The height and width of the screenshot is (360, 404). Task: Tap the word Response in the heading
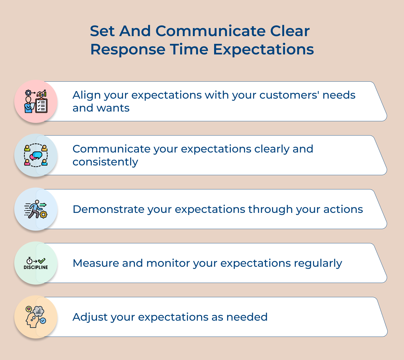pos(128,50)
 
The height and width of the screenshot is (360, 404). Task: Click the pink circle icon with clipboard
pos(36,101)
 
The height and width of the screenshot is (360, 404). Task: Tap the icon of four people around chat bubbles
pos(36,155)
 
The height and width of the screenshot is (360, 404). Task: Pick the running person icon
pos(36,209)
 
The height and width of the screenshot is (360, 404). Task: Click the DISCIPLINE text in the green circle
pos(36,267)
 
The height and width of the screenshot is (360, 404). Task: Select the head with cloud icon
pos(36,317)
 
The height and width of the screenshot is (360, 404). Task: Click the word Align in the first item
pos(86,95)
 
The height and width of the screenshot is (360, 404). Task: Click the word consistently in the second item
pos(105,162)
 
